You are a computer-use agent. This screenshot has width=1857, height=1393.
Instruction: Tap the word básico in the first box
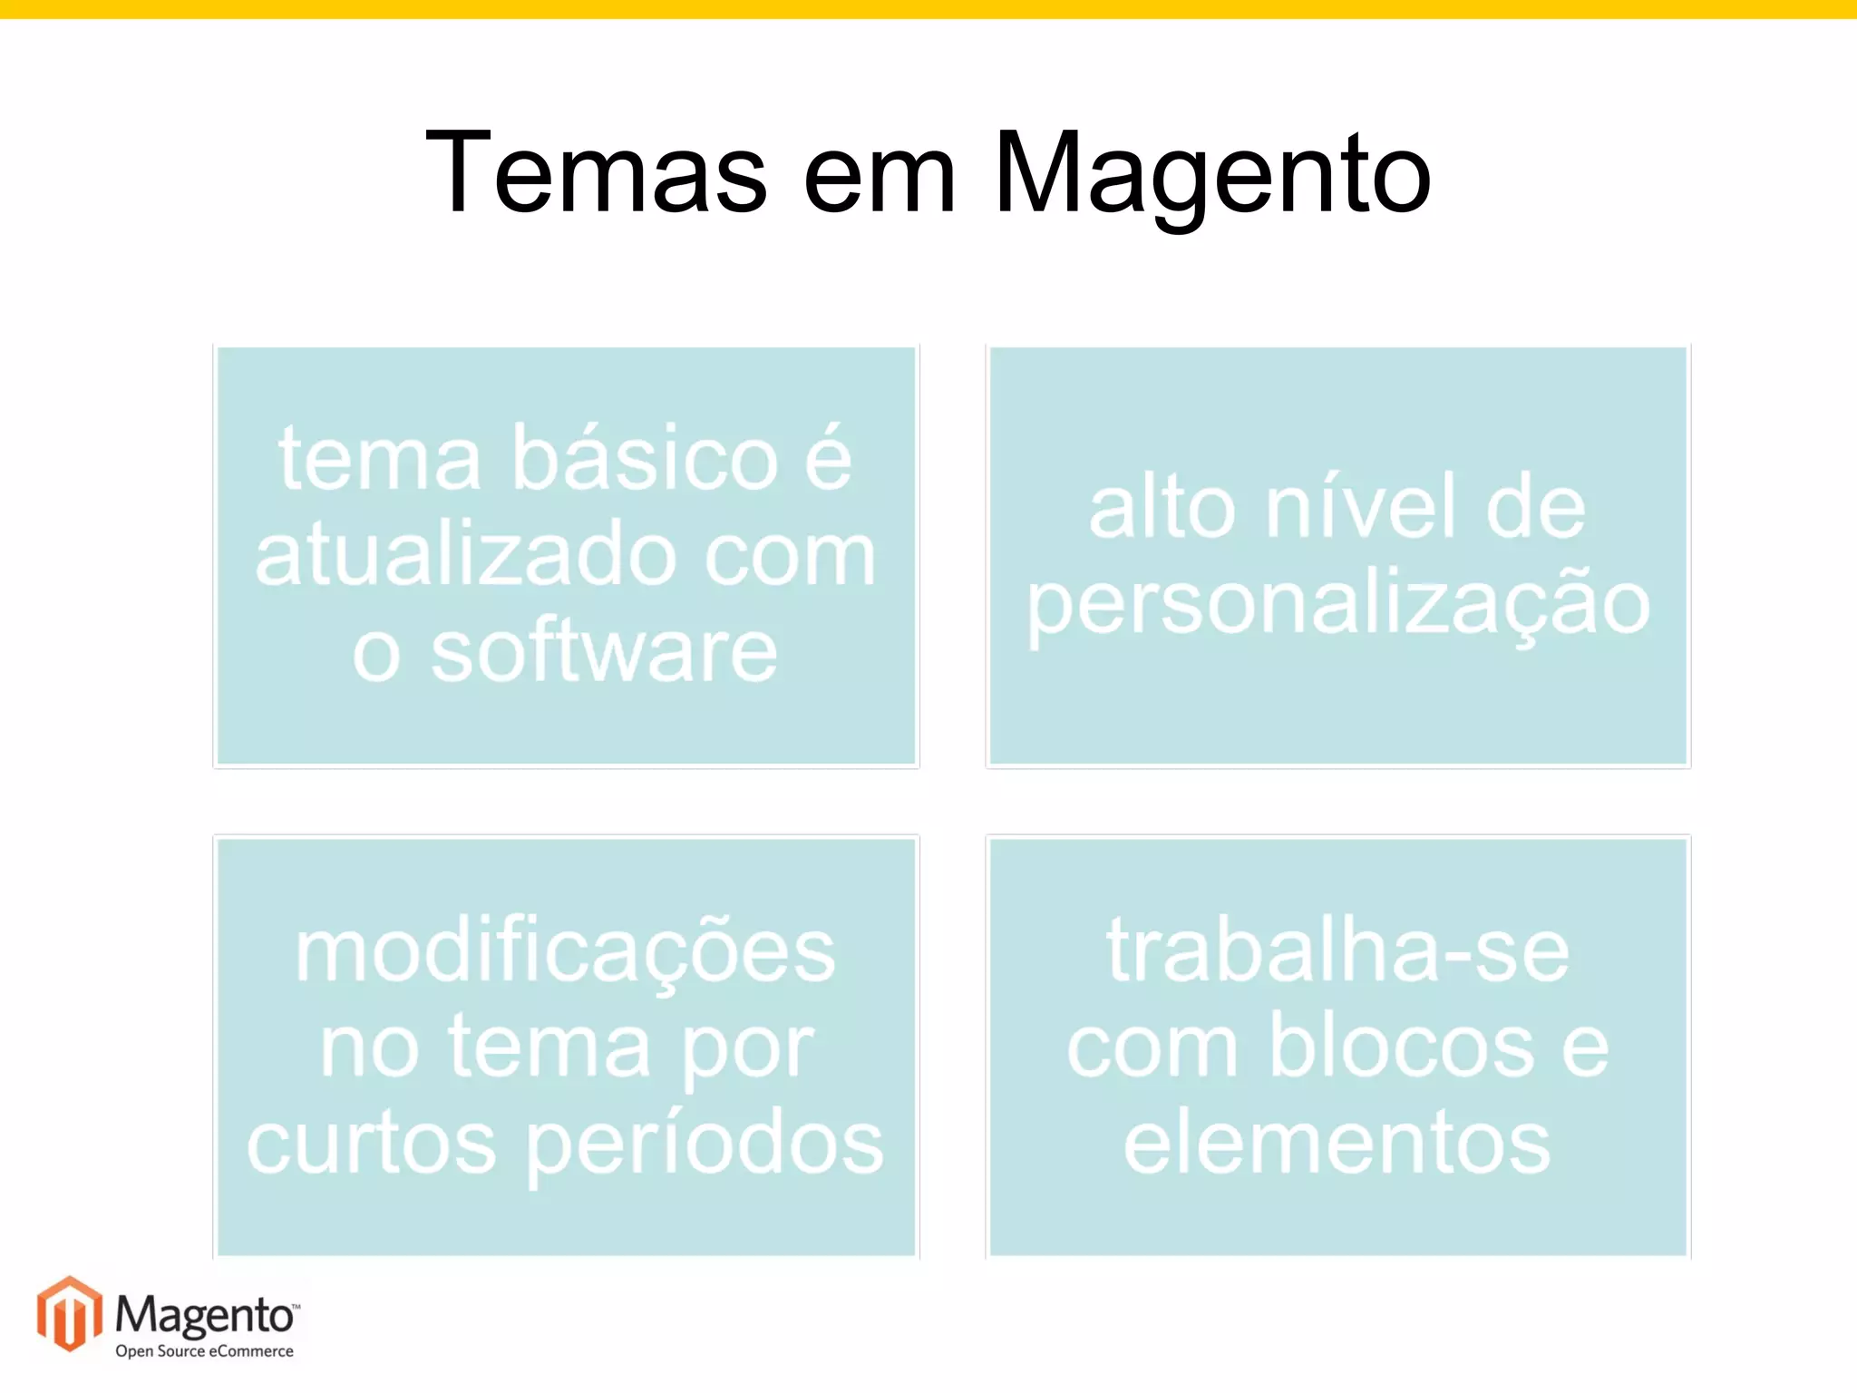[645, 458]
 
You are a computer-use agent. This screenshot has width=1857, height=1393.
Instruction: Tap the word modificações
[565, 954]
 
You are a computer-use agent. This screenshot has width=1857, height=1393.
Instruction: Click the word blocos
[1401, 1047]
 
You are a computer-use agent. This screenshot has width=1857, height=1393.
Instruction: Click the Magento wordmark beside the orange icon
[205, 1314]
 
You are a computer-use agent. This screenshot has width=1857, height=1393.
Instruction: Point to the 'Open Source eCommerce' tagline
[204, 1351]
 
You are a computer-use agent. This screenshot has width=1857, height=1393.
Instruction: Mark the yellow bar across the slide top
[928, 9]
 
